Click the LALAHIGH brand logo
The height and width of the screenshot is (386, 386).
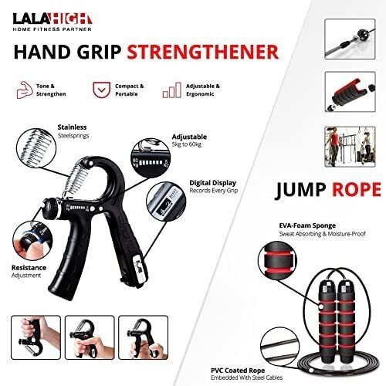pos(52,22)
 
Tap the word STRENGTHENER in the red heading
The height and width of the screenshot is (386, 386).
pos(203,52)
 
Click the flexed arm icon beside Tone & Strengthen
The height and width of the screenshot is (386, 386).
pos(25,90)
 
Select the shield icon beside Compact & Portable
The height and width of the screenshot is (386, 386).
pos(101,90)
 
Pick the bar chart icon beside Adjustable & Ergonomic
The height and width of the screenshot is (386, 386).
pos(171,90)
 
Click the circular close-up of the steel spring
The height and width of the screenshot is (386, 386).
pos(36,147)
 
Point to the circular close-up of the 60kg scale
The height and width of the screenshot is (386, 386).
pos(151,157)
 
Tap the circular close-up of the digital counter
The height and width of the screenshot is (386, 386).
pos(166,201)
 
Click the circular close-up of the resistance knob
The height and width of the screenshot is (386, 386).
pos(32,241)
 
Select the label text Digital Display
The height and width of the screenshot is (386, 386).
pos(212,183)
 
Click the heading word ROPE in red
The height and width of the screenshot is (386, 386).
pos(357,190)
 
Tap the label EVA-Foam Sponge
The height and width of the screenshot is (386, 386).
pos(307,225)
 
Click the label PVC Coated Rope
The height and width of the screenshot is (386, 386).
pos(238,371)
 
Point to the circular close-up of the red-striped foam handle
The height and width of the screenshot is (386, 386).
pos(277,261)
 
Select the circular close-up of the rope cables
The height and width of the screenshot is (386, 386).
pos(279,347)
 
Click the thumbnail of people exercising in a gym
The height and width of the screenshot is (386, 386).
pos(350,147)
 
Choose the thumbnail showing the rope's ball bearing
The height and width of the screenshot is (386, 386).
pos(350,39)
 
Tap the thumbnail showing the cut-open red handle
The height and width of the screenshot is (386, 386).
pos(350,92)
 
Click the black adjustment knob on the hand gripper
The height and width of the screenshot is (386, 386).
pos(51,208)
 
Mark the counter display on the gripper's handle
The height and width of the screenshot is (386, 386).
pos(140,269)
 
